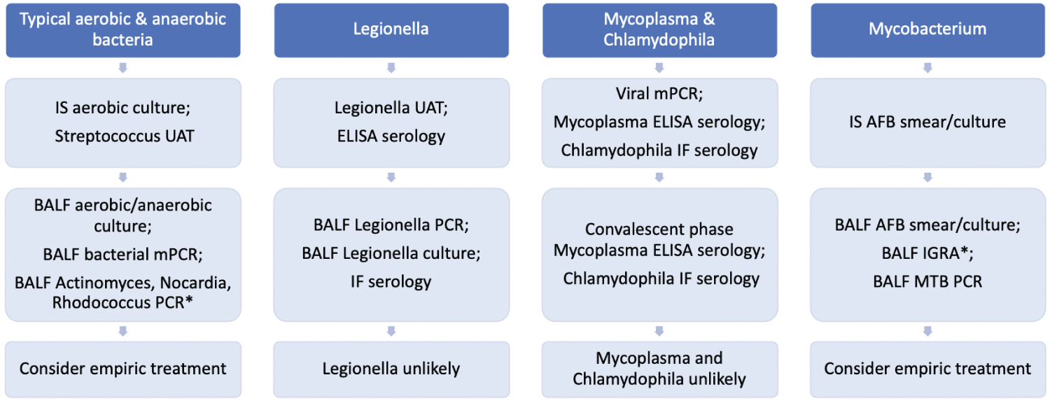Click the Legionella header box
click(391, 30)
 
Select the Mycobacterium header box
click(927, 30)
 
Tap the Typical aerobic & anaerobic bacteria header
click(123, 30)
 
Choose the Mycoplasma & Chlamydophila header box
click(659, 30)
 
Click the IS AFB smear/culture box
click(927, 122)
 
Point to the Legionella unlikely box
click(391, 369)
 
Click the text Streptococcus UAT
click(124, 136)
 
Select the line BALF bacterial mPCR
click(123, 254)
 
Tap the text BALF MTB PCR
click(927, 281)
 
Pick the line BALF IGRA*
click(927, 254)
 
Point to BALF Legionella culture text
click(391, 254)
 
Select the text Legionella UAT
click(391, 108)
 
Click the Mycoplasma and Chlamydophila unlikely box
click(659, 369)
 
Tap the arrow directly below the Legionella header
click(391, 68)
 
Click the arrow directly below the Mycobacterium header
click(927, 68)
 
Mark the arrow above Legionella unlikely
click(391, 331)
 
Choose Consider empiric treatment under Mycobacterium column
click(927, 369)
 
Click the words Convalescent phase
click(659, 229)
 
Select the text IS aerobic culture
click(124, 108)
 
